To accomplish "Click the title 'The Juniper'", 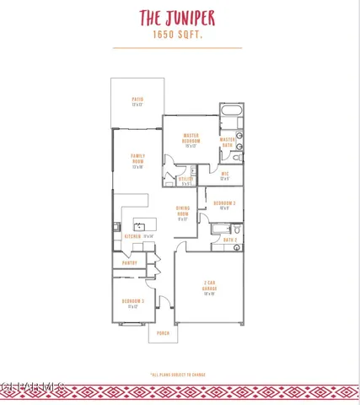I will coord(179,17).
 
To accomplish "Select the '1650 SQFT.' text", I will coord(179,35).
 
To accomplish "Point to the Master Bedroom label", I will coord(191,140).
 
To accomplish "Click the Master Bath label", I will coord(228,142).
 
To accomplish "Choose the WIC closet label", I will coord(225,175).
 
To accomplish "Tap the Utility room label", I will coord(186,180).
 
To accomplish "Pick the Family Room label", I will coord(137,158).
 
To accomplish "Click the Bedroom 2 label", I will coord(223,204).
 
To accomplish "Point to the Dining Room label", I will coord(183,214).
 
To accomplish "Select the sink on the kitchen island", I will coord(142,226).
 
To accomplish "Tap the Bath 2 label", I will coord(229,240).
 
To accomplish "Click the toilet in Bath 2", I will coord(237,229).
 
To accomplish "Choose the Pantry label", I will coord(129,263).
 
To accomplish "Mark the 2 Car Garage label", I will coord(210,288).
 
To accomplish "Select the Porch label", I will coord(162,332).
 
